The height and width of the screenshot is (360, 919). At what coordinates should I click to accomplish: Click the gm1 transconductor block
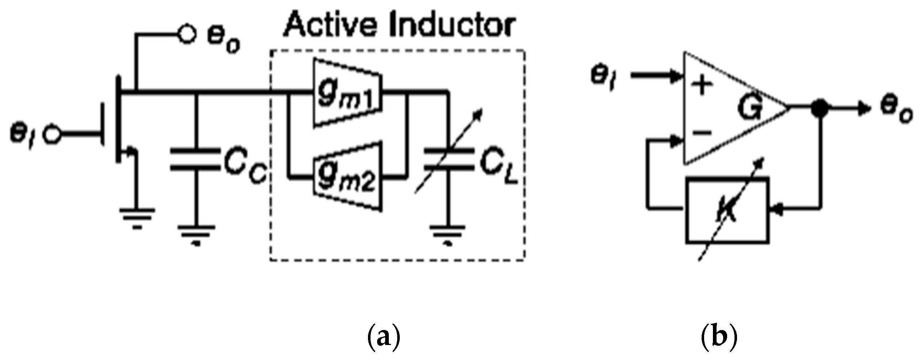coord(347,93)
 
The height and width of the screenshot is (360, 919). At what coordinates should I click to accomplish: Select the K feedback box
coord(727,210)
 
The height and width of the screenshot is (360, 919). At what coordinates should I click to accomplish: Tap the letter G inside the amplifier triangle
coord(749,108)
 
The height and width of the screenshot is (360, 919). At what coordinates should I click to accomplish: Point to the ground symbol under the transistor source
coord(137,216)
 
